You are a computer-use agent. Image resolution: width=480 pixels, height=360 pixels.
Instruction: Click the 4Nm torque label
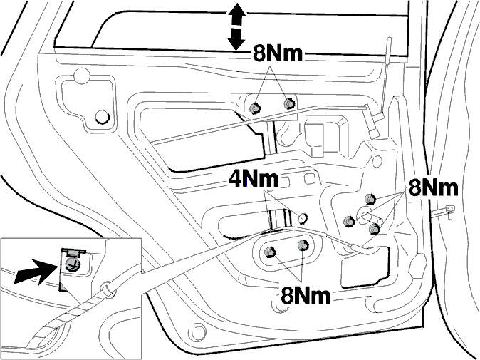click(x=254, y=179)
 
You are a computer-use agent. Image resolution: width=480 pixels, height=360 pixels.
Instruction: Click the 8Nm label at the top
click(x=278, y=54)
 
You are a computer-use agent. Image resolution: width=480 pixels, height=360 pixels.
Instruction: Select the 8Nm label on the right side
click(x=433, y=187)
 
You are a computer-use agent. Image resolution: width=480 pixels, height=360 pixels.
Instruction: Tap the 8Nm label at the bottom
click(x=306, y=295)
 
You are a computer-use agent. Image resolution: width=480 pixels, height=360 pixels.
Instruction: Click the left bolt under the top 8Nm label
click(x=255, y=108)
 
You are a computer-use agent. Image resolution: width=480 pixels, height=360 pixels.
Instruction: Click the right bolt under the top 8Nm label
click(x=288, y=104)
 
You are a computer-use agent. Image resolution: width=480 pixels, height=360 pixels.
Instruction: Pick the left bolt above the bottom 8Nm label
click(x=270, y=252)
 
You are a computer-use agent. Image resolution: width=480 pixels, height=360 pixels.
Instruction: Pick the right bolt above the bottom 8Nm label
click(x=303, y=245)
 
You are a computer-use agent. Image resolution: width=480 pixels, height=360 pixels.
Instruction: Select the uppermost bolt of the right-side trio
click(x=370, y=199)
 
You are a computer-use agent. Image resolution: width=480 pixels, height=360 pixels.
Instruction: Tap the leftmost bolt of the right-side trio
click(x=349, y=221)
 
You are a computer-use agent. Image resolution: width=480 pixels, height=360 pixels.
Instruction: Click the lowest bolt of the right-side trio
click(x=374, y=229)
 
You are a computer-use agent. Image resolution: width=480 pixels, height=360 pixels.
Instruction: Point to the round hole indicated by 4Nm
click(x=303, y=218)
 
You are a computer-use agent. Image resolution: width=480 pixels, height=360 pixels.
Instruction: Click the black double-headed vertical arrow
click(x=236, y=26)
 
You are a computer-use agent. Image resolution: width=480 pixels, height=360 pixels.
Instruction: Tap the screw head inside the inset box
click(x=72, y=264)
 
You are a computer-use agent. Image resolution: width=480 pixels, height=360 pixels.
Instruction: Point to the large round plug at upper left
click(x=82, y=76)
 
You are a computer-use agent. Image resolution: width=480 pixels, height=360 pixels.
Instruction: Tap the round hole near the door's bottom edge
click(x=197, y=331)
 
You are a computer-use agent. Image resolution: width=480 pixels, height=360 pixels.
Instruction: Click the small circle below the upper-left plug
click(x=103, y=117)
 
